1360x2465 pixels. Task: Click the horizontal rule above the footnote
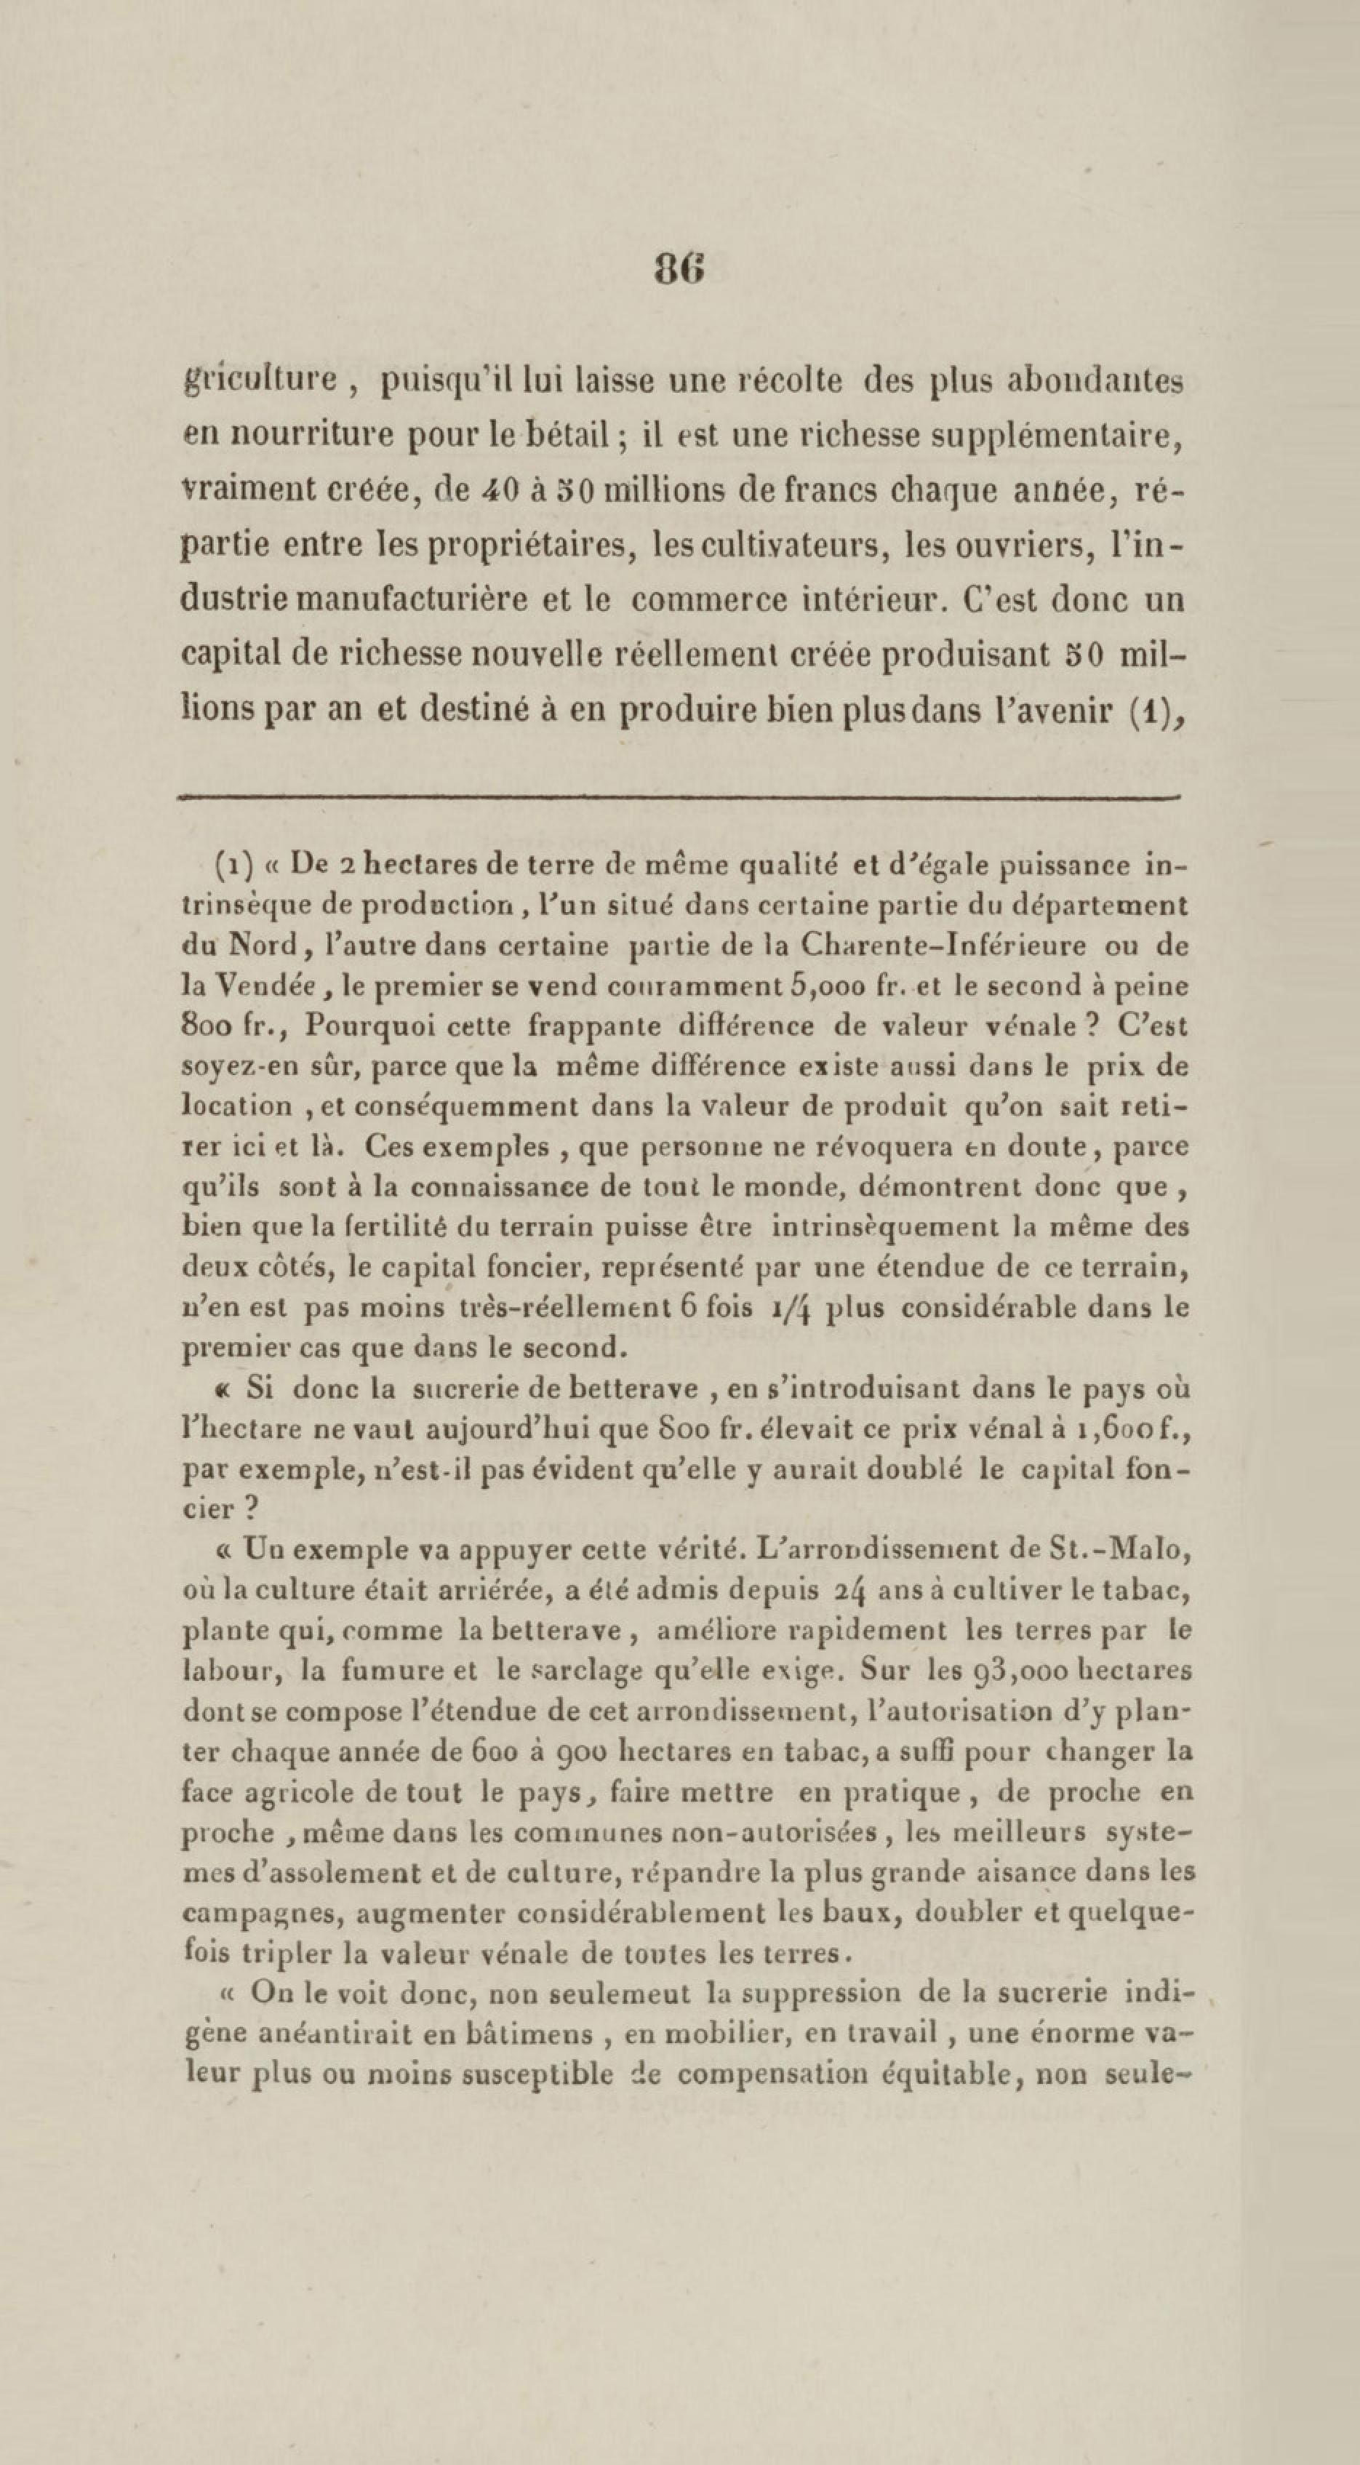tap(679, 794)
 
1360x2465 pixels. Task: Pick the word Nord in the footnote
tap(266, 946)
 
